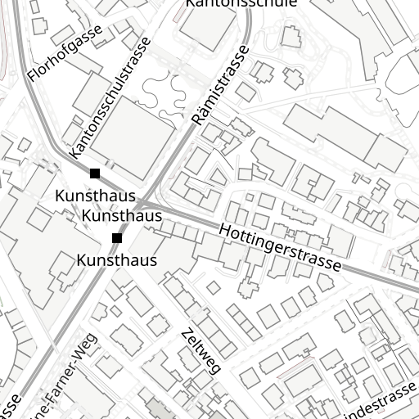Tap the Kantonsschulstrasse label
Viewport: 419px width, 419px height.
110,97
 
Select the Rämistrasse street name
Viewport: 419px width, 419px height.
221,86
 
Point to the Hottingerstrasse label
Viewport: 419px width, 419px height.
281,248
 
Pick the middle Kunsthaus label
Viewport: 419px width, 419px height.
123,216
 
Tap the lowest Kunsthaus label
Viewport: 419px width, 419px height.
116,260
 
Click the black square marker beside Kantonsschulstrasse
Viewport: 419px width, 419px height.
95,173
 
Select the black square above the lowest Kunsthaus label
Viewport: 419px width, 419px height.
117,238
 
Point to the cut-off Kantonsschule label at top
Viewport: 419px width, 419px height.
241,3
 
